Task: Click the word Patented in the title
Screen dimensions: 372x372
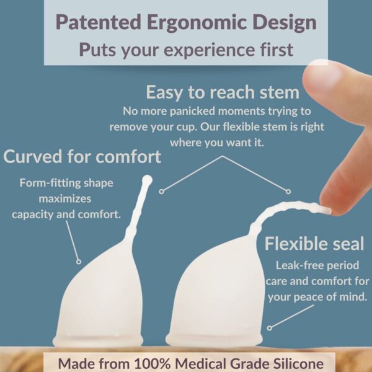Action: [98, 22]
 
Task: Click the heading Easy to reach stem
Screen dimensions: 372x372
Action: [223, 92]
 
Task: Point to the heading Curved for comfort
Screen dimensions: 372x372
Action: [82, 157]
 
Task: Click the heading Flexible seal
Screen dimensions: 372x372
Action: [314, 244]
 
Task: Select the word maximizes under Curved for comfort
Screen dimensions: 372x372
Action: [65, 199]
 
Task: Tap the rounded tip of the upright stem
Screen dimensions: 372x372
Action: [147, 180]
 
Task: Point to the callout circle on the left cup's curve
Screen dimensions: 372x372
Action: [79, 262]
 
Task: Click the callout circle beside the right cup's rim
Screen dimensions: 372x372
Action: [269, 328]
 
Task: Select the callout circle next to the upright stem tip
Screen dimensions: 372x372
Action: [162, 191]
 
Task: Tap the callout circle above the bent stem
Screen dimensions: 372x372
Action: [288, 192]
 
